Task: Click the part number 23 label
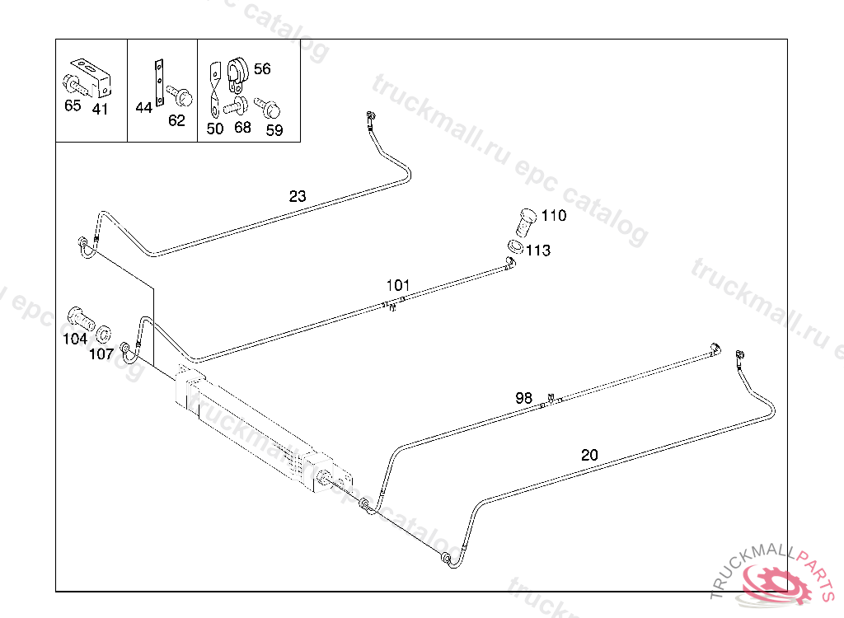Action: pos(298,196)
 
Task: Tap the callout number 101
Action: pos(398,285)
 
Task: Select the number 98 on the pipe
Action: pos(524,397)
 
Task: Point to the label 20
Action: pos(589,454)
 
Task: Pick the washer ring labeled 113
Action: pos(514,246)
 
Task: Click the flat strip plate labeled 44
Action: pos(159,82)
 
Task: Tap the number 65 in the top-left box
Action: pos(73,105)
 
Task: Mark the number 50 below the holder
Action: pos(215,129)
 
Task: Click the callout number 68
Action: pos(242,127)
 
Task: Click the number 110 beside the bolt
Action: pos(554,216)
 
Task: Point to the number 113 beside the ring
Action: pos(538,250)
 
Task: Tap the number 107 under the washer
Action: pos(101,353)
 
